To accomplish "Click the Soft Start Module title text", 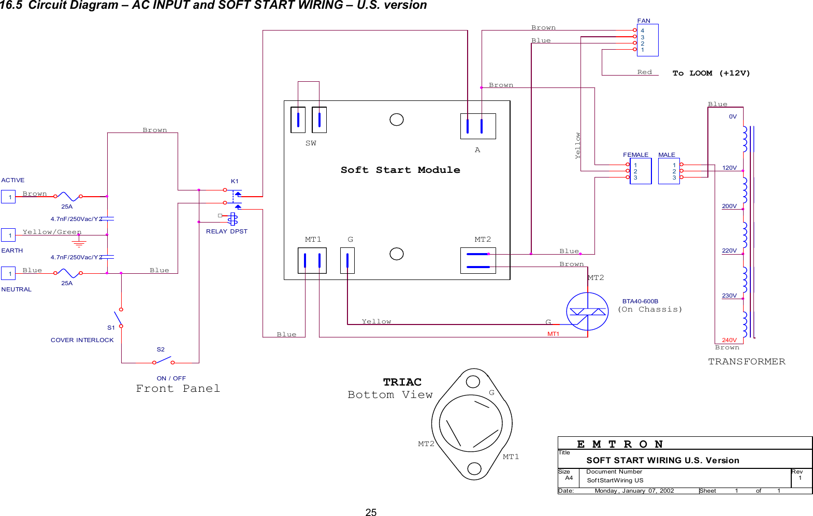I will tap(400, 170).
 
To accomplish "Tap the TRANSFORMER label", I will tap(746, 361).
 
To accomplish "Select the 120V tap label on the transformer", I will tap(729, 168).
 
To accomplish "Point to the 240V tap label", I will tap(729, 340).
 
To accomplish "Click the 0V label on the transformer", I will tap(733, 116).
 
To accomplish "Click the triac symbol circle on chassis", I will tap(587, 311).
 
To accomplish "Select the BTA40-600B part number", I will tap(640, 301).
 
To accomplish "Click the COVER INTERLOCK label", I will tap(82, 340).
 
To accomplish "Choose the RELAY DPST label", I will tap(226, 231).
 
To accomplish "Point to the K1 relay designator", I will tap(235, 181).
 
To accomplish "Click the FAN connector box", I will tap(647, 40).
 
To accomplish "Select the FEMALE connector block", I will tap(640, 171).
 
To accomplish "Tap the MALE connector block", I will tap(669, 171).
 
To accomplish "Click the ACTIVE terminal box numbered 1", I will tap(8, 197).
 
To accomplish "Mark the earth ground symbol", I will tap(79, 243).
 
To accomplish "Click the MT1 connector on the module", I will tap(312, 260).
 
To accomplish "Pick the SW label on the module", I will tap(311, 143).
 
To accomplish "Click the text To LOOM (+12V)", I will tap(711, 73).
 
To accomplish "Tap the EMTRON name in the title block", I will tap(619, 444).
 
